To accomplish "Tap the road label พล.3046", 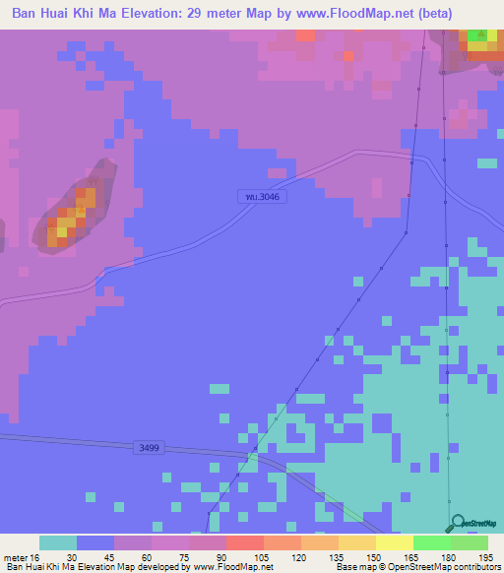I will pos(265,197).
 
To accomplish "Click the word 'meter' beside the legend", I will pos(17,557).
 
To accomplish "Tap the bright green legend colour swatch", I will pos(431,542).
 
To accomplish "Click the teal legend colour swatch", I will pos(58,542).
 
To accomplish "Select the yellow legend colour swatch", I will pos(394,542).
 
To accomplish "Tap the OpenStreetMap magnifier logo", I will pos(457,524).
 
